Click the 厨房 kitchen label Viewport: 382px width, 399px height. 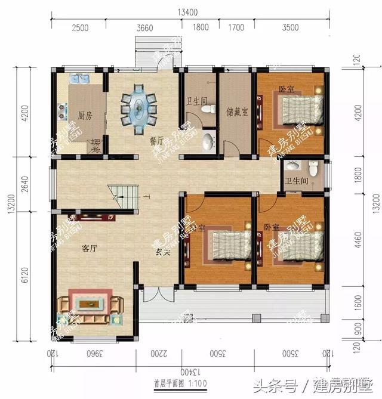pos(84,115)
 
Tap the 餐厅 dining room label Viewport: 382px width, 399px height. pos(156,142)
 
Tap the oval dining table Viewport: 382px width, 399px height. pos(140,106)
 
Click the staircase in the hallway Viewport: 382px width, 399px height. pos(119,195)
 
